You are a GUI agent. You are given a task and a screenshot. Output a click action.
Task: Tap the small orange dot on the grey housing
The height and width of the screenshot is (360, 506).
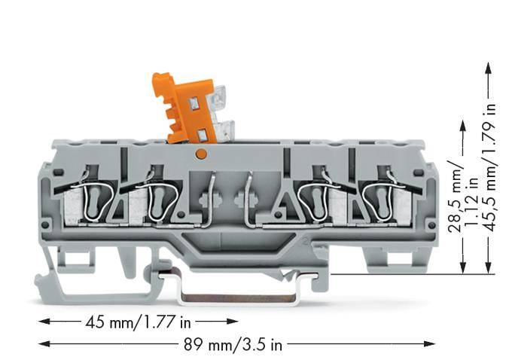[200, 154]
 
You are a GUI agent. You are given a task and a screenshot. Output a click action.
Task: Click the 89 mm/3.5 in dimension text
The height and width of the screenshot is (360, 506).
[233, 345]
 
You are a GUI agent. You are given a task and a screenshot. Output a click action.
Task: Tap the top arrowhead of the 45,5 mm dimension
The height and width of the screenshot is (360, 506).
[489, 66]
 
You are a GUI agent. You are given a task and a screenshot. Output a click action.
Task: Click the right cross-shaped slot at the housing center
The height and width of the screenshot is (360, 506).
[241, 200]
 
